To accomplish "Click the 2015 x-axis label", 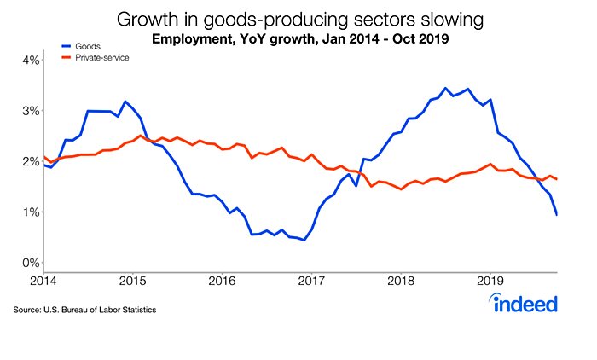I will (132, 280).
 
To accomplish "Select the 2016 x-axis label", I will (222, 280).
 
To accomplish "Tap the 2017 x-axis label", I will (312, 280).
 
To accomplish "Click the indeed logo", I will (525, 302).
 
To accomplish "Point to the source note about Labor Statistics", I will (84, 308).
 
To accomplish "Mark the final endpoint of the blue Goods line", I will (557, 214).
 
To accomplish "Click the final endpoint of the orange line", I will (557, 179).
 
